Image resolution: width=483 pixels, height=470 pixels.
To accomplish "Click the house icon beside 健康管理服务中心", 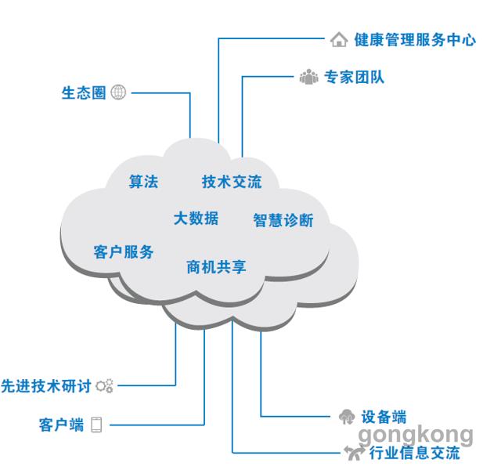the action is [x=339, y=39].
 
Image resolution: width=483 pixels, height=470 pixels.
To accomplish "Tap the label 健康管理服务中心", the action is [x=415, y=40].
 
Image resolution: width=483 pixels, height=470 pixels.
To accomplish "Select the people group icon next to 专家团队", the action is [x=308, y=77].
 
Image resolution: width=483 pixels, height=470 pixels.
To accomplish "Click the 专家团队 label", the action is [x=355, y=77].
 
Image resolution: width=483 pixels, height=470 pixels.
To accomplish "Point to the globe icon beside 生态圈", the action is [x=118, y=92].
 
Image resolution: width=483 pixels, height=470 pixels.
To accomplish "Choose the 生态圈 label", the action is [x=84, y=92].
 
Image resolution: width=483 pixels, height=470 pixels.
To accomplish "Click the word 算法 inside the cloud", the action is [x=143, y=181].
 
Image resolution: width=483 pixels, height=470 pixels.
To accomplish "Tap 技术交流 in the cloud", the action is [x=232, y=181].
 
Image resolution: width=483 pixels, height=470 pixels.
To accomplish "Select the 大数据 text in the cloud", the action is [x=196, y=219].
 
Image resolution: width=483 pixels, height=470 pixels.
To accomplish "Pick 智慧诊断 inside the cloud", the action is [x=283, y=220].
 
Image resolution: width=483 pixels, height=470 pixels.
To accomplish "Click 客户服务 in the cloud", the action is [x=124, y=251].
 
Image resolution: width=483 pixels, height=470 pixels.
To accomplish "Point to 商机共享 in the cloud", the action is [x=217, y=267].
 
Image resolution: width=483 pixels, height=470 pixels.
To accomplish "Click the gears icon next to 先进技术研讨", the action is [x=104, y=386].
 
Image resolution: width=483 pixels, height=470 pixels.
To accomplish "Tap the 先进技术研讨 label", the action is [x=46, y=386].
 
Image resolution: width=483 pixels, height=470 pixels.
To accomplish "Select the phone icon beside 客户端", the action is [x=96, y=425].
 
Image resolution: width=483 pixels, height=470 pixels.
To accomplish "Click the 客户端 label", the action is [x=61, y=425].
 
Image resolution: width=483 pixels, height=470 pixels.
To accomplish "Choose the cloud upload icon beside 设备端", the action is [x=347, y=417].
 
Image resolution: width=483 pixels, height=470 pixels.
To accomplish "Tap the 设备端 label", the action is [x=384, y=417].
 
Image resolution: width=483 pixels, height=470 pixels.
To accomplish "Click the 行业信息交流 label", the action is [x=415, y=453].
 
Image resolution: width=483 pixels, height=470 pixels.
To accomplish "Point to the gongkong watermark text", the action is [x=416, y=436].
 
